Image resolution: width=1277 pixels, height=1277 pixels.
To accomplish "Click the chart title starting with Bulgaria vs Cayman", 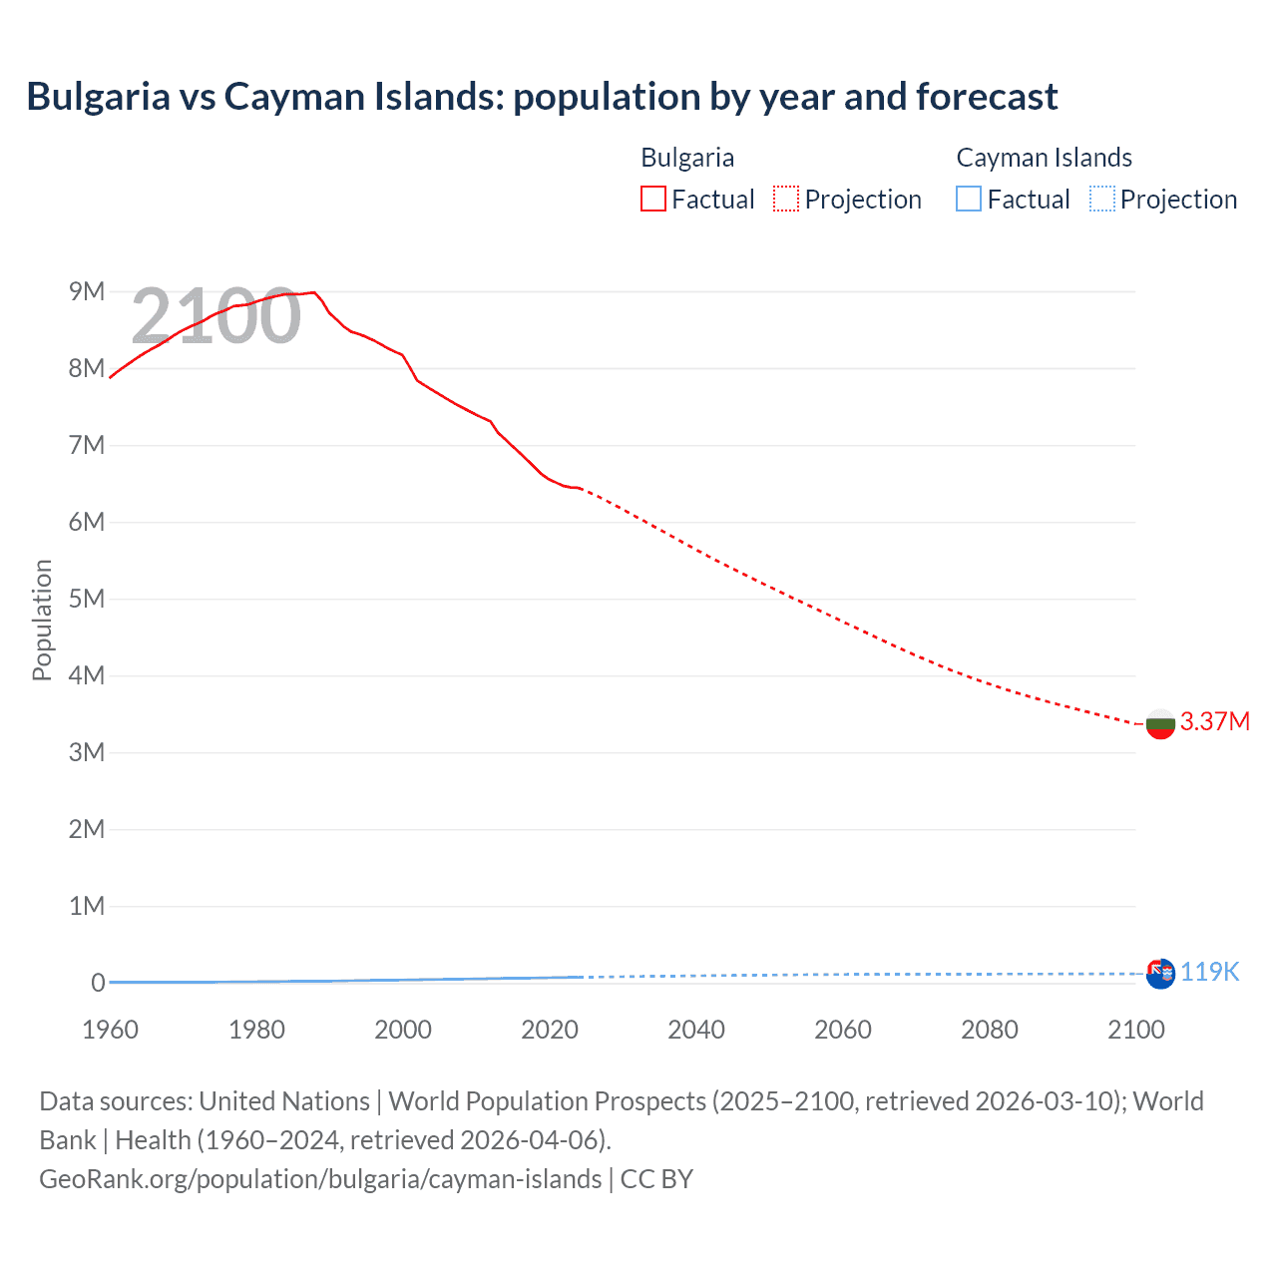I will coord(542,97).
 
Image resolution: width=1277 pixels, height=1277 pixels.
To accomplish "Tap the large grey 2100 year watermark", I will coord(215,316).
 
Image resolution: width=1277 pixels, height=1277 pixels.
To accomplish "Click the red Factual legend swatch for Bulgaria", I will coord(652,200).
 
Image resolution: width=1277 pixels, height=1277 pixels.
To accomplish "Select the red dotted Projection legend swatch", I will coord(786,200).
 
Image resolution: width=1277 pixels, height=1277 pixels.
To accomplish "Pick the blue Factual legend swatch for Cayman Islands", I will coord(968,200).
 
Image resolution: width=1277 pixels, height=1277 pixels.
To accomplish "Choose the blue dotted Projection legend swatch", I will coord(1101,200).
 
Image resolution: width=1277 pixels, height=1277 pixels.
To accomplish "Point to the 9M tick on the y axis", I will coord(86,291).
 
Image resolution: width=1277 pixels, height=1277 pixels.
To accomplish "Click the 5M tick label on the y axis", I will coord(86,599).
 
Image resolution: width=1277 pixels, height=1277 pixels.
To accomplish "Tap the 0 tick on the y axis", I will coord(98,983).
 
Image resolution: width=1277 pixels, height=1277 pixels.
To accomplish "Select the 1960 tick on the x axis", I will coord(110,1030).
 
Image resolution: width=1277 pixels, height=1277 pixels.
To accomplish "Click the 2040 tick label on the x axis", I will coord(696,1030).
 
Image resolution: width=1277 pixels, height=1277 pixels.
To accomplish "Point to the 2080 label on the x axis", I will coord(990,1030).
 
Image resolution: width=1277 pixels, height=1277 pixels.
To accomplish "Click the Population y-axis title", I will coord(42,620).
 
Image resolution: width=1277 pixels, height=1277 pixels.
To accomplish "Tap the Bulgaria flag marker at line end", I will coord(1160,724).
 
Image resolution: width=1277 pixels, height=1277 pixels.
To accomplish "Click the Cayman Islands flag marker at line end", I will coord(1160,974).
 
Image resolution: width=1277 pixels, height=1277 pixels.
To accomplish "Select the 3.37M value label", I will coord(1214,721).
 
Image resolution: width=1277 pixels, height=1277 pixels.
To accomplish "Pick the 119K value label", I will coord(1209,972).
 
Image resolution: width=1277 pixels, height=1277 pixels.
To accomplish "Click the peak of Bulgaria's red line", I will coord(314,292).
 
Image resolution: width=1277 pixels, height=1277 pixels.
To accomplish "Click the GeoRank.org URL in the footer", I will coord(320,1178).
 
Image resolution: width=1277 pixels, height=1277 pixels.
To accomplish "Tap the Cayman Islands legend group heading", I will coord(1044,158).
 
